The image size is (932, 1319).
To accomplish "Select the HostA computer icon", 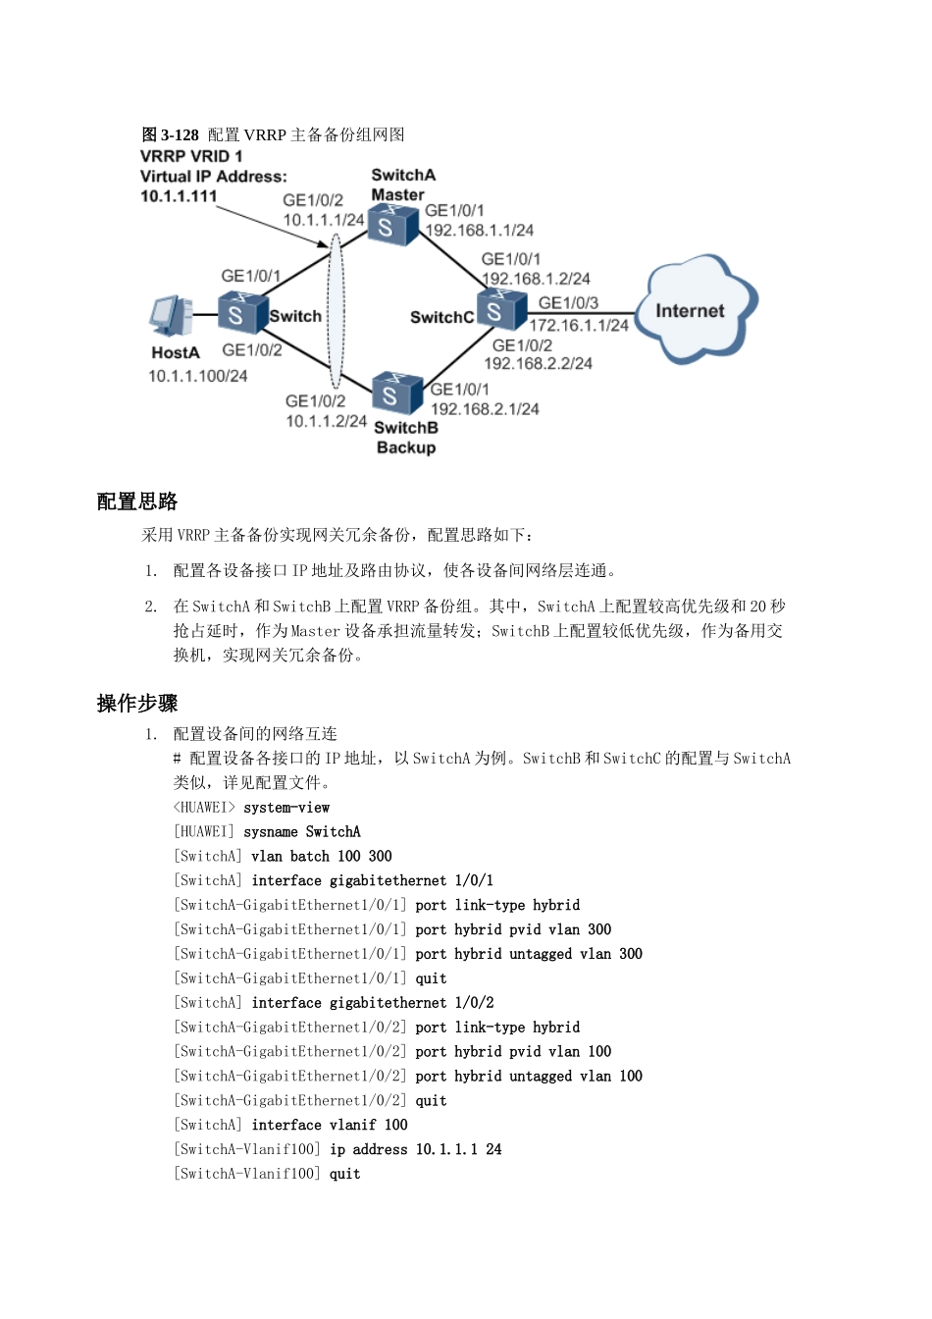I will pos(172,316).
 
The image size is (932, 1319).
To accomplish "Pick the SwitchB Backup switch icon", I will pos(396,393).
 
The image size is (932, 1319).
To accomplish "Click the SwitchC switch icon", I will pos(500,310).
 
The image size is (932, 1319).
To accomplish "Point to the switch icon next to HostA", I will pos(241,313).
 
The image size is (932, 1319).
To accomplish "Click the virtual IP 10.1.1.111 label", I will pos(179,196).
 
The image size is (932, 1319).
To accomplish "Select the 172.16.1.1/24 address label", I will pos(579,325).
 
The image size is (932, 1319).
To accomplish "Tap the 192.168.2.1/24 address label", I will pos(485,409).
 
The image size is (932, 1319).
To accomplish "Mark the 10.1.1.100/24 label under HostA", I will pos(198,376).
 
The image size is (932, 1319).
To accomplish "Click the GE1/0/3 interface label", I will pos(568,303).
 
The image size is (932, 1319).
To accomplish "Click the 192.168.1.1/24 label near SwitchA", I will pos(480,231).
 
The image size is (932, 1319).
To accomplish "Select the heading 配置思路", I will pos(137,501).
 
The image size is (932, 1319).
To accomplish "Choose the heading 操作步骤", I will pos(137,703).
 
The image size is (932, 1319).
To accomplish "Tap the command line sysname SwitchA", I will pos(267,831).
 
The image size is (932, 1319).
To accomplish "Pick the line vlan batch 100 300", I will pos(283,856).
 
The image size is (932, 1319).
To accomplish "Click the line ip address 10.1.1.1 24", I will pos(337,1149).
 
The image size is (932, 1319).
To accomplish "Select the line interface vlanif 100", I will pos(290,1125).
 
